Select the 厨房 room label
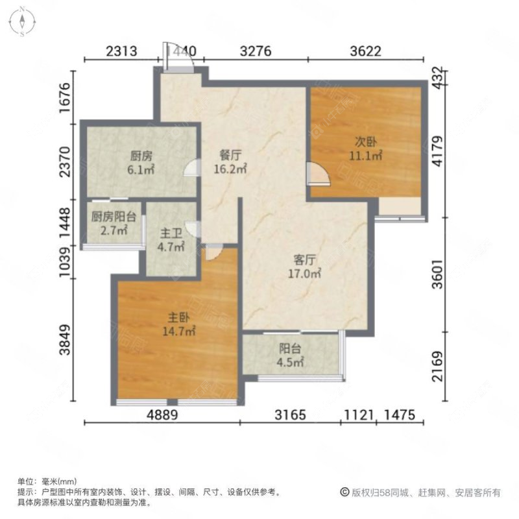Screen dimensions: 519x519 point(141,156)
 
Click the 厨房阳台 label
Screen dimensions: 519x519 point(109,217)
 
